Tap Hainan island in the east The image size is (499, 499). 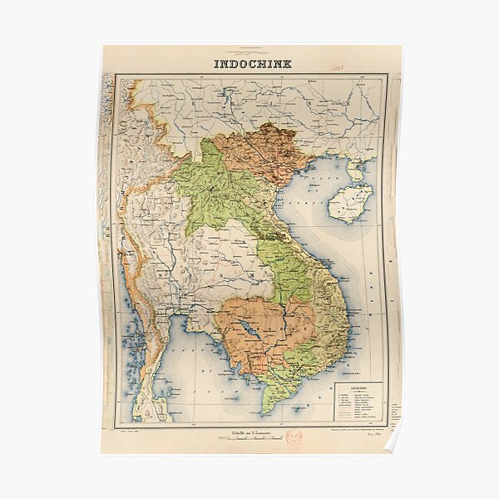coord(349,203)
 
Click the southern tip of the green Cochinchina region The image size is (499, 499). coord(268,408)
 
